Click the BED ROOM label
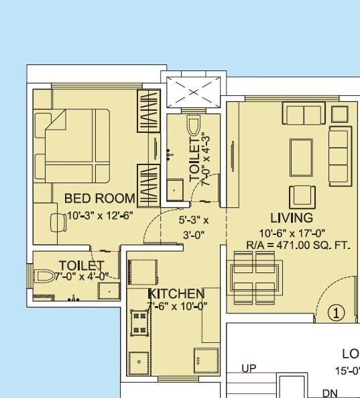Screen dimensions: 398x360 point(99,199)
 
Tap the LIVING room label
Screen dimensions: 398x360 point(292,218)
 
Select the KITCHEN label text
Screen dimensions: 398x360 point(176,294)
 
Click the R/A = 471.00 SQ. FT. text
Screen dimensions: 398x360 point(290,245)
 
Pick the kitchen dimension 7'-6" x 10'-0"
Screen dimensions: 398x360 point(177,306)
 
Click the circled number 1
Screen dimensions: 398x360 point(335,312)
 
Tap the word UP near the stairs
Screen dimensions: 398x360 point(248,368)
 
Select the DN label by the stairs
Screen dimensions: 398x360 point(330,393)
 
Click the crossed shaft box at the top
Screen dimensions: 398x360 point(193,91)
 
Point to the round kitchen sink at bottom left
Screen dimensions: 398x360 point(139,362)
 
